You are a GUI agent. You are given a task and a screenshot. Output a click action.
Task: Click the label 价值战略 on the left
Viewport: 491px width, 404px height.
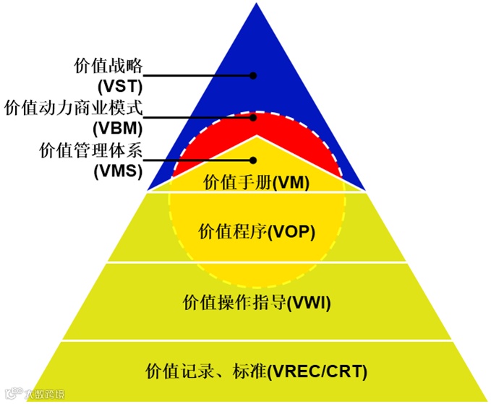(x=108, y=66)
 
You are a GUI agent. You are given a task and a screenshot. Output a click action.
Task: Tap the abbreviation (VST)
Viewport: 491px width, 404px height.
(x=119, y=85)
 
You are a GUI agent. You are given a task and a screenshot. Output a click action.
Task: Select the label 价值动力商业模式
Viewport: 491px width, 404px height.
(x=74, y=108)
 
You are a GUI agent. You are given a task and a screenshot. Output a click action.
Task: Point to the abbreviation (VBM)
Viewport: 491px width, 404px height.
(x=119, y=128)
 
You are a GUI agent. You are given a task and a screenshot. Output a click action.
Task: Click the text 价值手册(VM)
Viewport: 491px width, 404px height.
(x=257, y=182)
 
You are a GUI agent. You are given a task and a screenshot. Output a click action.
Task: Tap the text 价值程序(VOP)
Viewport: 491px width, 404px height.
(x=257, y=231)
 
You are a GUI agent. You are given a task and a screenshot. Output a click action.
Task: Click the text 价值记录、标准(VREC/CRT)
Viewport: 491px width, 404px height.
(x=257, y=371)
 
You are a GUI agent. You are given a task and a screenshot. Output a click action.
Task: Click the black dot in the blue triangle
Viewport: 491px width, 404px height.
(x=253, y=75)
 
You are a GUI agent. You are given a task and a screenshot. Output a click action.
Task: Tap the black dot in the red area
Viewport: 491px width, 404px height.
(x=253, y=117)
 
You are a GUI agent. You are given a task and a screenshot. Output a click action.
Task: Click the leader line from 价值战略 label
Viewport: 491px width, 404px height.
(x=195, y=75)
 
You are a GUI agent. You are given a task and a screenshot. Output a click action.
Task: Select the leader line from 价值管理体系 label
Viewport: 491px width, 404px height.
(x=195, y=160)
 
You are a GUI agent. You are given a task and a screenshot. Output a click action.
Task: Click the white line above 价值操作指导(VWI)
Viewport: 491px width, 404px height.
(x=257, y=262)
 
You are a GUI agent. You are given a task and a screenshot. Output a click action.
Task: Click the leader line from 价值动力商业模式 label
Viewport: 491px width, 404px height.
(x=195, y=117)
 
